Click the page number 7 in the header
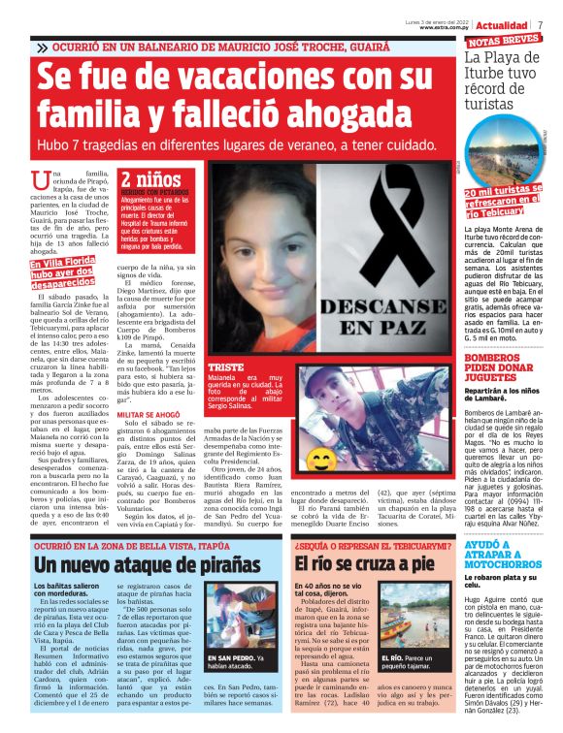click(540, 24)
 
